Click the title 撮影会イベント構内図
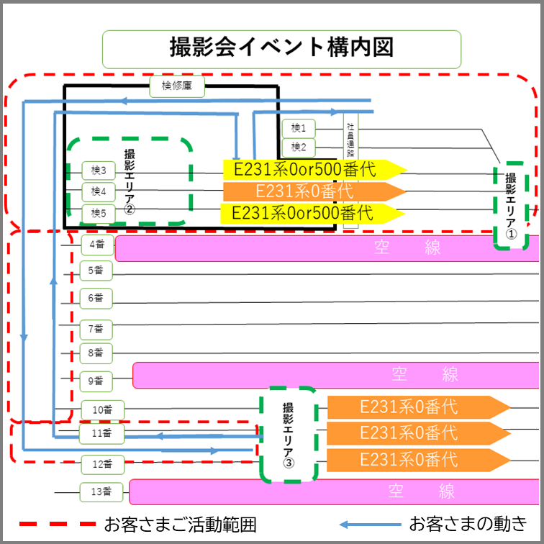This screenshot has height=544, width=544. [x=281, y=49]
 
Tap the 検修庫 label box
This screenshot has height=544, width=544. [x=178, y=87]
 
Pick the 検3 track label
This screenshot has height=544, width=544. [x=99, y=171]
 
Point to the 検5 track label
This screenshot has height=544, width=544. [x=99, y=214]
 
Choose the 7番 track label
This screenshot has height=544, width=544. [x=96, y=330]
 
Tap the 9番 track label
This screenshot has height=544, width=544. [x=96, y=380]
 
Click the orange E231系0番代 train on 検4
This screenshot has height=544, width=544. [x=314, y=191]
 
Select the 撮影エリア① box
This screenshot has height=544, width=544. [x=511, y=206]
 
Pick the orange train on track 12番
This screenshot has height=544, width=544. [x=417, y=459]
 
